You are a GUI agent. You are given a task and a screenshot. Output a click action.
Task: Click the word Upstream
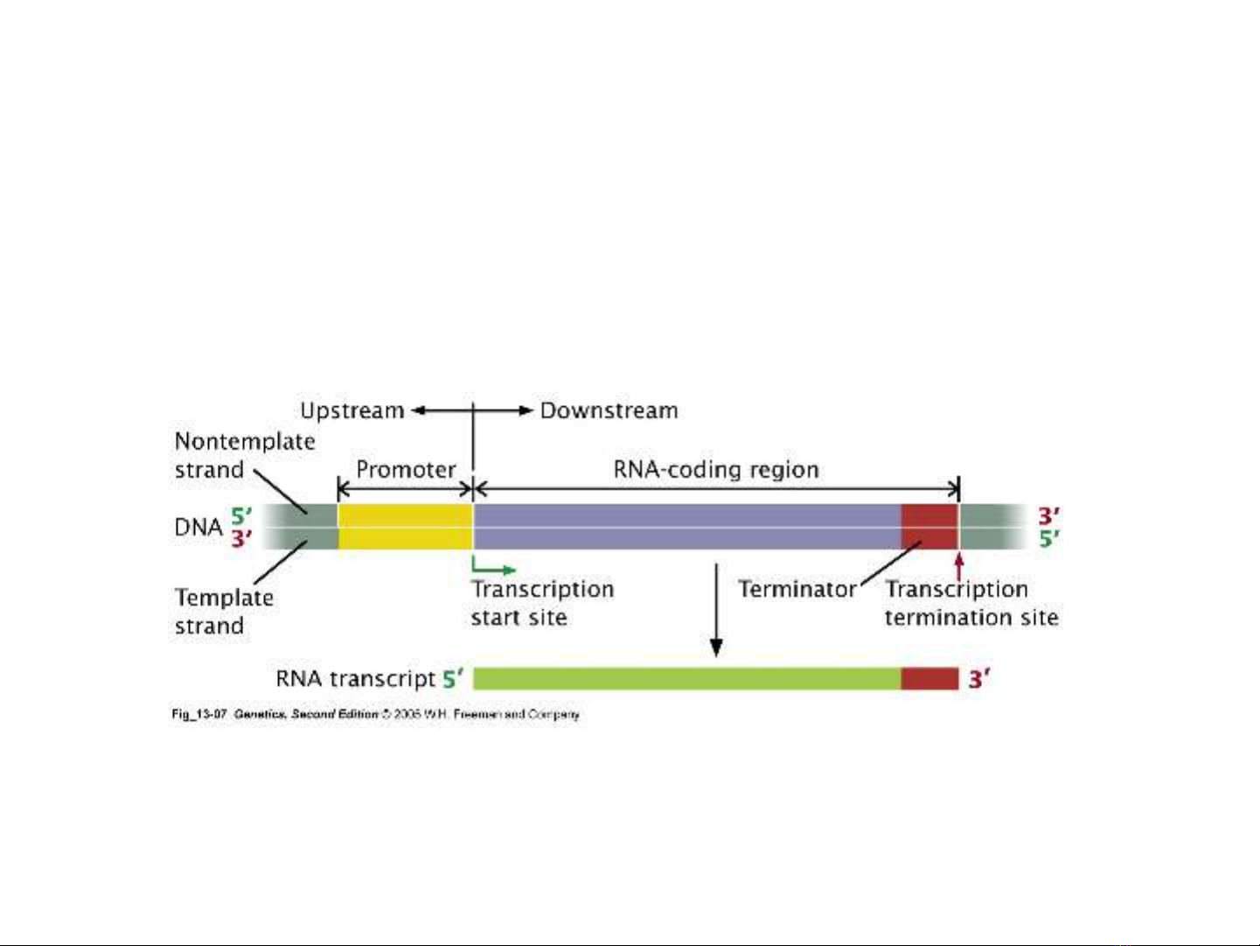pos(352,410)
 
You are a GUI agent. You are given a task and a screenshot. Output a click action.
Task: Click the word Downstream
pos(609,410)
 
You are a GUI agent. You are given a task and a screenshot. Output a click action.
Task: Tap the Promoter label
pos(406,469)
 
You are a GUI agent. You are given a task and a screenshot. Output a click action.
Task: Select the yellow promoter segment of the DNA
pos(405,526)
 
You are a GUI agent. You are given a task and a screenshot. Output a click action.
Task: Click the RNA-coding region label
pos(716,469)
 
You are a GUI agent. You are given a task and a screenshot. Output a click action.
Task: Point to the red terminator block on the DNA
pos(929,526)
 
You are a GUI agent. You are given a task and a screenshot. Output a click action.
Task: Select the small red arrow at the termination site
pos(959,564)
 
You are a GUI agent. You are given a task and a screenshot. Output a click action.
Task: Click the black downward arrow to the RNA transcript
pos(716,613)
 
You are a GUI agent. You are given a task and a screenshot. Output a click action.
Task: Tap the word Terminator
pos(797,589)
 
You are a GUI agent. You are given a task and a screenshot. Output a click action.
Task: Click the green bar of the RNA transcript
pos(686,678)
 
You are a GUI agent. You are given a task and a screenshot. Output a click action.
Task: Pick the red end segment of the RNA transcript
pos(929,678)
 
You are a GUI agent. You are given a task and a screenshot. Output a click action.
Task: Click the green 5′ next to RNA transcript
pos(452,678)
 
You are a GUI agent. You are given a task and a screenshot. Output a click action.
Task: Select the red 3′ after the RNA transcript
pos(979,678)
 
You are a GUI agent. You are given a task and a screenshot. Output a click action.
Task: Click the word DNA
pos(198,527)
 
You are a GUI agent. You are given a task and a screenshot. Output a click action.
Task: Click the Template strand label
pos(223,611)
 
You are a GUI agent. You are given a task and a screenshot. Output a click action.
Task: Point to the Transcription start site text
pos(541,603)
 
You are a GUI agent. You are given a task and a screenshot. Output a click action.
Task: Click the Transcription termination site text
pos(971,603)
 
